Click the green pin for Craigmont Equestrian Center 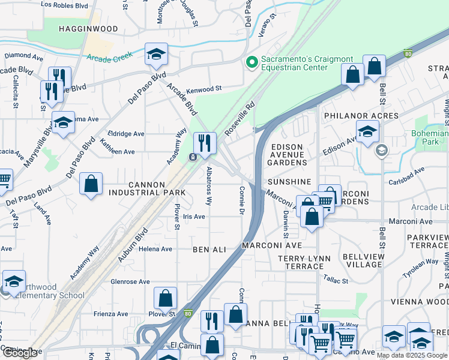point(251,61)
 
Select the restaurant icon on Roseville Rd point(205,142)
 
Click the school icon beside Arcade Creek point(156,54)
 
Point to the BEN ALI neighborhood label point(209,248)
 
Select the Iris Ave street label point(194,217)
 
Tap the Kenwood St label point(204,88)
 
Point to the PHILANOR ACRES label point(361,115)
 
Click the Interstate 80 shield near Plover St point(188,313)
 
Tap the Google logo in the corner point(20,353)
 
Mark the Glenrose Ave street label point(130,281)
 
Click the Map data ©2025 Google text point(412,355)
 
